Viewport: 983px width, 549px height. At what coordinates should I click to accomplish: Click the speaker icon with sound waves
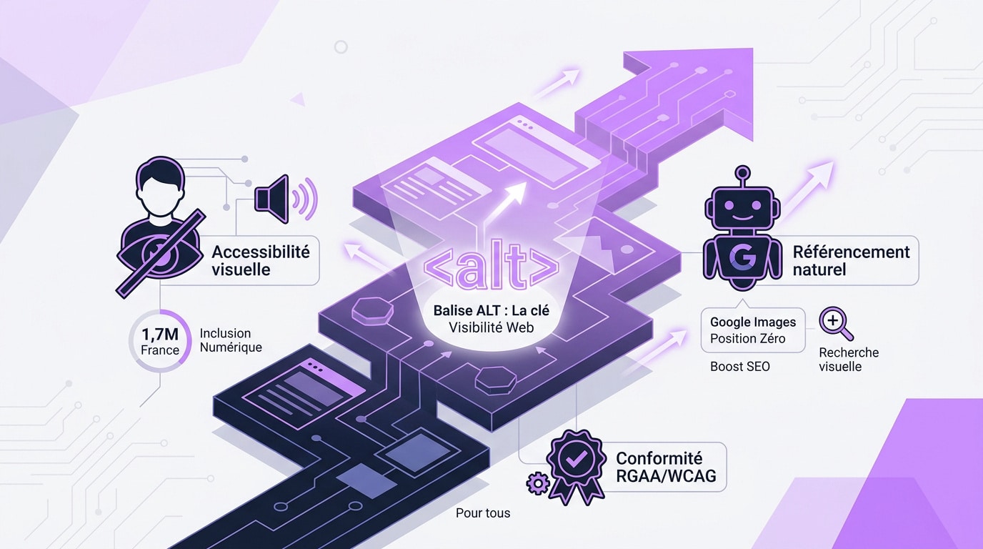(x=285, y=199)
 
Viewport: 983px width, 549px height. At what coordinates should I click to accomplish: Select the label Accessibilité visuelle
(x=261, y=260)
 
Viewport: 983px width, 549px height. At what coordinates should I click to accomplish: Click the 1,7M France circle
(x=161, y=341)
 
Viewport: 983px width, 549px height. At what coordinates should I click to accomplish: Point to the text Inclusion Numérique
(x=231, y=340)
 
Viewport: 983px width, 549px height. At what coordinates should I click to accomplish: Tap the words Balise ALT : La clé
(x=491, y=310)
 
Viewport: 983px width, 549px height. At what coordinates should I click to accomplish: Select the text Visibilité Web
(x=491, y=327)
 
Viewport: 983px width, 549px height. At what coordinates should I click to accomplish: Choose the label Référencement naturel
(x=852, y=260)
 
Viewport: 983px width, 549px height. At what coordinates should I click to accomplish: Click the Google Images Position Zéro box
(x=753, y=330)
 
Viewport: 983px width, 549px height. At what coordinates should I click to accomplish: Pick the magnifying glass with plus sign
(x=836, y=323)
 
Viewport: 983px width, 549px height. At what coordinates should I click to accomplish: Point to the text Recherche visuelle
(x=849, y=360)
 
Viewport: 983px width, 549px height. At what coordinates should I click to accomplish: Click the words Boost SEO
(x=740, y=367)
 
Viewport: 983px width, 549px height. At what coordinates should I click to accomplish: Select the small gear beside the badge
(x=537, y=483)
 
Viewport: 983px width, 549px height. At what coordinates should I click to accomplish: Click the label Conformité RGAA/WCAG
(x=666, y=467)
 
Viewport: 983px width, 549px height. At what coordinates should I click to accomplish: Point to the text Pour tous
(x=483, y=513)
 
